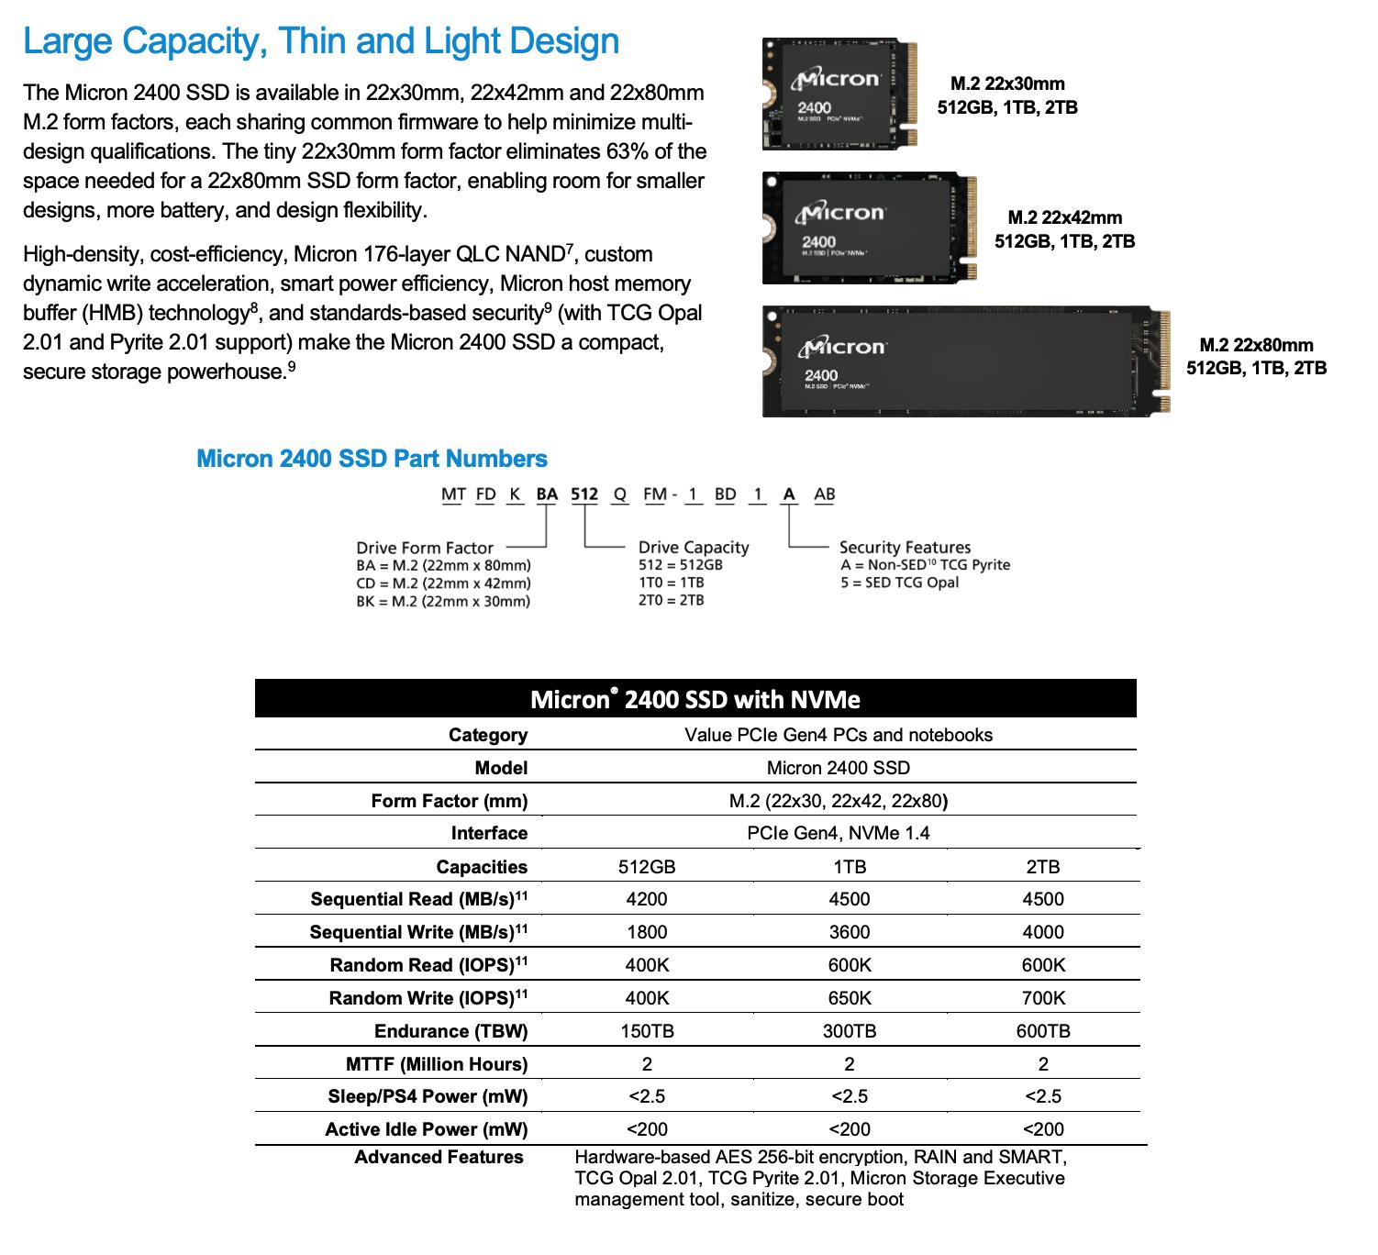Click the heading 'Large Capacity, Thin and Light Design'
321,41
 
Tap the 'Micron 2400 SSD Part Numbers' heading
372,459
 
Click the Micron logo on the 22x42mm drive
841,214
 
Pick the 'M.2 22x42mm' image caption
1064,217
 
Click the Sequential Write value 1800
647,932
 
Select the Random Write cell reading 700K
1043,998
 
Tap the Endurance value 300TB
849,1031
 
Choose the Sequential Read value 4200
647,899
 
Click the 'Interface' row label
489,833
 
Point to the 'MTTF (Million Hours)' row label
437,1064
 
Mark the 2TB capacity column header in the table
1043,867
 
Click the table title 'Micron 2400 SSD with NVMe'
695,699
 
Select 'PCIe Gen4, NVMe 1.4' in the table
838,833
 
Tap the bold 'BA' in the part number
547,494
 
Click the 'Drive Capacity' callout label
694,548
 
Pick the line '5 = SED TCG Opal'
899,583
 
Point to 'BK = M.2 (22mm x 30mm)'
443,601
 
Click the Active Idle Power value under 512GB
647,1129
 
